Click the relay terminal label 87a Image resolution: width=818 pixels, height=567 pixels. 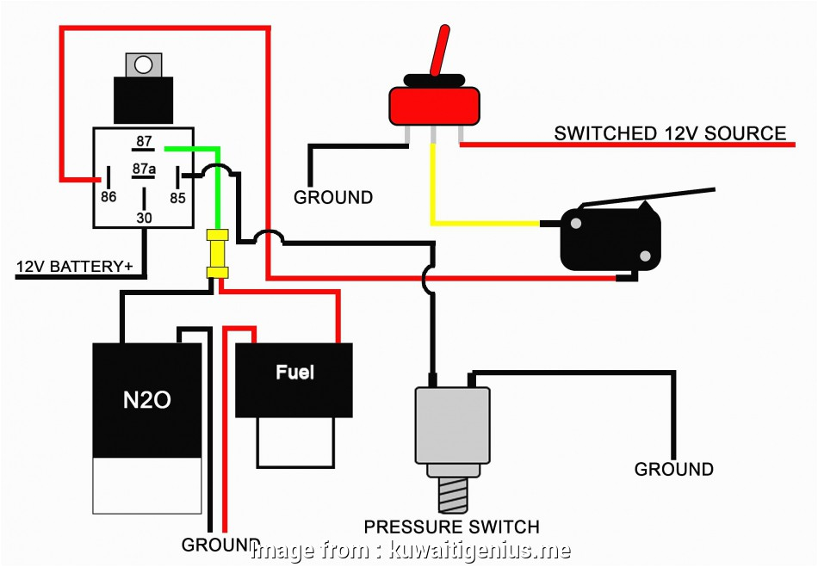point(144,169)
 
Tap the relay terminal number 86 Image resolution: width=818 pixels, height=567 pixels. point(108,196)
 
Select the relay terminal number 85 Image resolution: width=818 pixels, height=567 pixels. point(177,196)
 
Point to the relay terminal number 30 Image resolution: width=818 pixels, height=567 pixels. point(144,219)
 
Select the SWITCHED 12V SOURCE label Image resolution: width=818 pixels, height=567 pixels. point(669,133)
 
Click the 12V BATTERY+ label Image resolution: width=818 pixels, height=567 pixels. point(74,267)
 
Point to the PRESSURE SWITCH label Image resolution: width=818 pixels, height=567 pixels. point(451,527)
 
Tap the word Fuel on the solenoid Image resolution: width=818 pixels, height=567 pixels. point(294,373)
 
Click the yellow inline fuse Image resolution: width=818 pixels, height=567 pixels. point(217,254)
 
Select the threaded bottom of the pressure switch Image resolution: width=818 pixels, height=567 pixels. point(451,497)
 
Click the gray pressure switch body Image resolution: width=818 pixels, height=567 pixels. point(452,425)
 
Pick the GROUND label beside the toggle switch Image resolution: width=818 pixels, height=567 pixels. point(333,197)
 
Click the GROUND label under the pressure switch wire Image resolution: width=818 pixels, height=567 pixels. point(673,469)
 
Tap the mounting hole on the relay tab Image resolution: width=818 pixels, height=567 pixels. point(144,65)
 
